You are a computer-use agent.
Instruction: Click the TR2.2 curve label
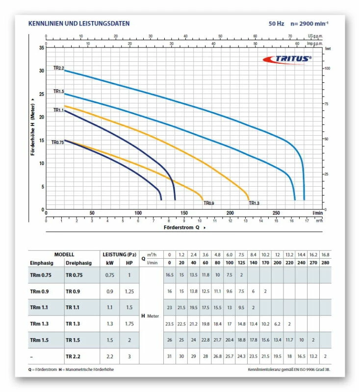tap(59, 68)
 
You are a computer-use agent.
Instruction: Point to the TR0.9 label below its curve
tap(209, 203)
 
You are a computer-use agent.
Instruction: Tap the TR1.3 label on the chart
tap(254, 203)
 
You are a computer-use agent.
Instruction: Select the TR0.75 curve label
tap(58, 142)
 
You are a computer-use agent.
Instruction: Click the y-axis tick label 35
tap(41, 48)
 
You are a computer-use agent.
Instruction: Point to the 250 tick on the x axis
tap(276, 213)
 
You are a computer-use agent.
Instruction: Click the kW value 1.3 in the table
tap(110, 323)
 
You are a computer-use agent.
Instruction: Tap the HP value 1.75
tap(129, 323)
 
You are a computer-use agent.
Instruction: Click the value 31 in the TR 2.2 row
tap(170, 356)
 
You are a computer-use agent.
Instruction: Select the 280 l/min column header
tap(326, 263)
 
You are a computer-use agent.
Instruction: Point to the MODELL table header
tap(64, 254)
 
